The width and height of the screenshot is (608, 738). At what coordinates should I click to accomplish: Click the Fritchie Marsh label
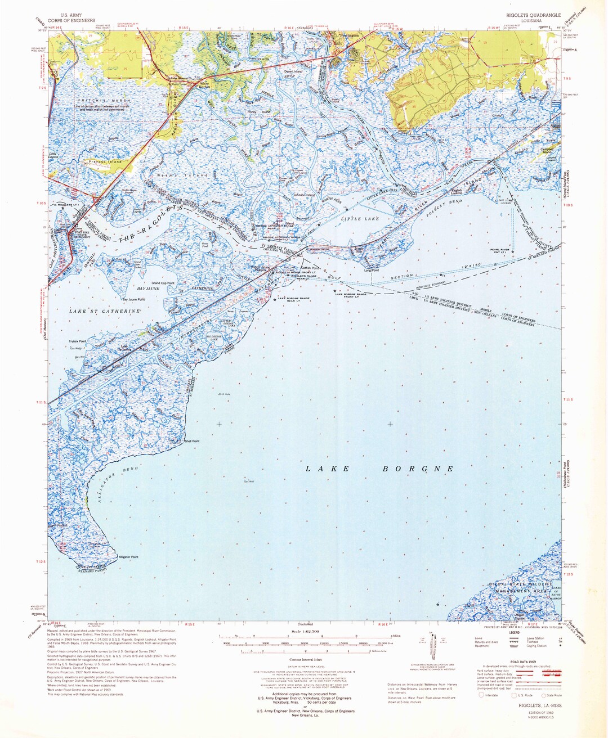(x=95, y=100)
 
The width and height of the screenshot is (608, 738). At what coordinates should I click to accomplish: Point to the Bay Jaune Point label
(x=133, y=299)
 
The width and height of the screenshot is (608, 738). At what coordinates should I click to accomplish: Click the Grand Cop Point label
(x=163, y=283)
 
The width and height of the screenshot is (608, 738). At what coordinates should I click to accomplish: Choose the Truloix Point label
(x=78, y=341)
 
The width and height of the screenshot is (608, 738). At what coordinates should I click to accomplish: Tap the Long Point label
(x=371, y=271)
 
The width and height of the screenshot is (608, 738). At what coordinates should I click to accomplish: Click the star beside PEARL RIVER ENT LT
(x=512, y=252)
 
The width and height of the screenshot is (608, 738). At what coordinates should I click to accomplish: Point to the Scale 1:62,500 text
(x=303, y=632)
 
